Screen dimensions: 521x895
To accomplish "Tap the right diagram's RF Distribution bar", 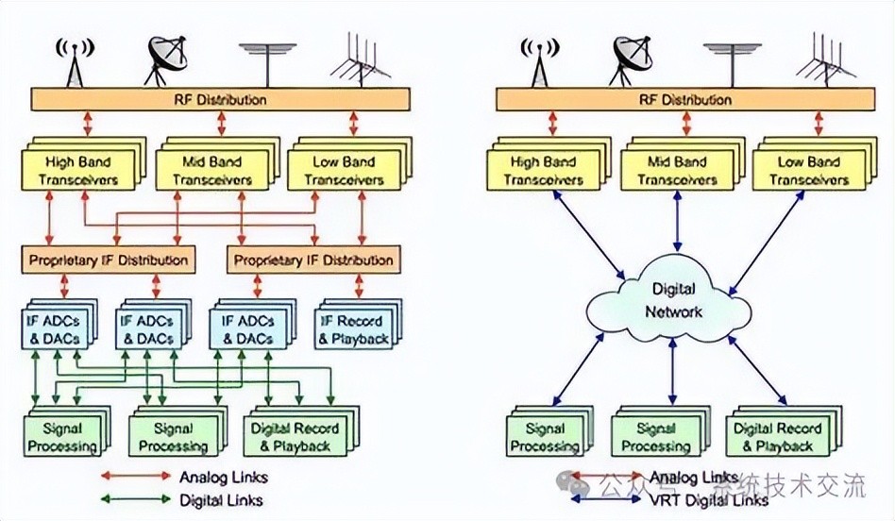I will (x=686, y=99).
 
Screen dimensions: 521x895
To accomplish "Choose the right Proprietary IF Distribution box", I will (x=312, y=260).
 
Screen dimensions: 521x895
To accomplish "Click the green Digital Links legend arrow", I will (x=134, y=500).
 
